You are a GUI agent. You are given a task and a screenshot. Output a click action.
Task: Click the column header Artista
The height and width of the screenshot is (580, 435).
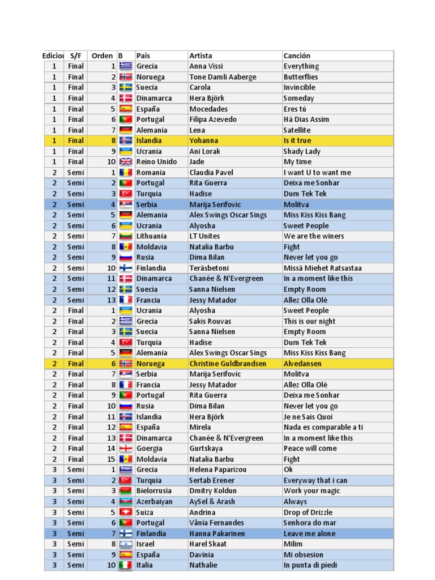[201, 56]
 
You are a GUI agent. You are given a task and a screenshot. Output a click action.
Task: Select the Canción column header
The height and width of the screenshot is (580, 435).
[297, 56]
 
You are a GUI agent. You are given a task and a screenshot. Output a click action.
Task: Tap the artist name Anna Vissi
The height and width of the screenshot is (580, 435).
[206, 66]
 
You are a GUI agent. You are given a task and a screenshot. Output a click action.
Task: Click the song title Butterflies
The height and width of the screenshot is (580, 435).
[301, 77]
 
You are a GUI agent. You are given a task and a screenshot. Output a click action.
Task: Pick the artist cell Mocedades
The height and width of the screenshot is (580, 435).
[208, 109]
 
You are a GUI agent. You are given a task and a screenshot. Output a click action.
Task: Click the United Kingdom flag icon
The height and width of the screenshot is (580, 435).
[126, 162]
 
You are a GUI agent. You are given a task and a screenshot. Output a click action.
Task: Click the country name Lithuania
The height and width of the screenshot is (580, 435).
[151, 236]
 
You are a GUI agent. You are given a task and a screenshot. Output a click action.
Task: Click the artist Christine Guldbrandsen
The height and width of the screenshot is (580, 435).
[228, 364]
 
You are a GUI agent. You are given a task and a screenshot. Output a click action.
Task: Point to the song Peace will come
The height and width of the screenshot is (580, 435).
[310, 449]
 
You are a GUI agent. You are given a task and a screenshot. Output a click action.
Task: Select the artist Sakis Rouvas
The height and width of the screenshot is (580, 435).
[210, 321]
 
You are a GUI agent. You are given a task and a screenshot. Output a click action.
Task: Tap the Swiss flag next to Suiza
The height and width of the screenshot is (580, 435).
[126, 512]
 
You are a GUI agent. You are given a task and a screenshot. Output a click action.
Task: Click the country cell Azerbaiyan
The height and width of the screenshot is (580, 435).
[154, 501]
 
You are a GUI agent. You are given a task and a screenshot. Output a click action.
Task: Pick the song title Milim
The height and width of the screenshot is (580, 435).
[293, 544]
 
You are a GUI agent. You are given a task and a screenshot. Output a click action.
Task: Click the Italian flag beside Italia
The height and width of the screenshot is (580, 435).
[126, 565]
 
